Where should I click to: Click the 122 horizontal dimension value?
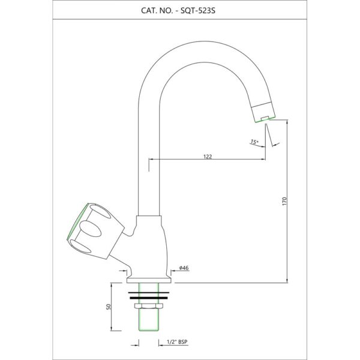click(208, 156)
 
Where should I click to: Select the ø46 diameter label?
click(184, 268)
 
